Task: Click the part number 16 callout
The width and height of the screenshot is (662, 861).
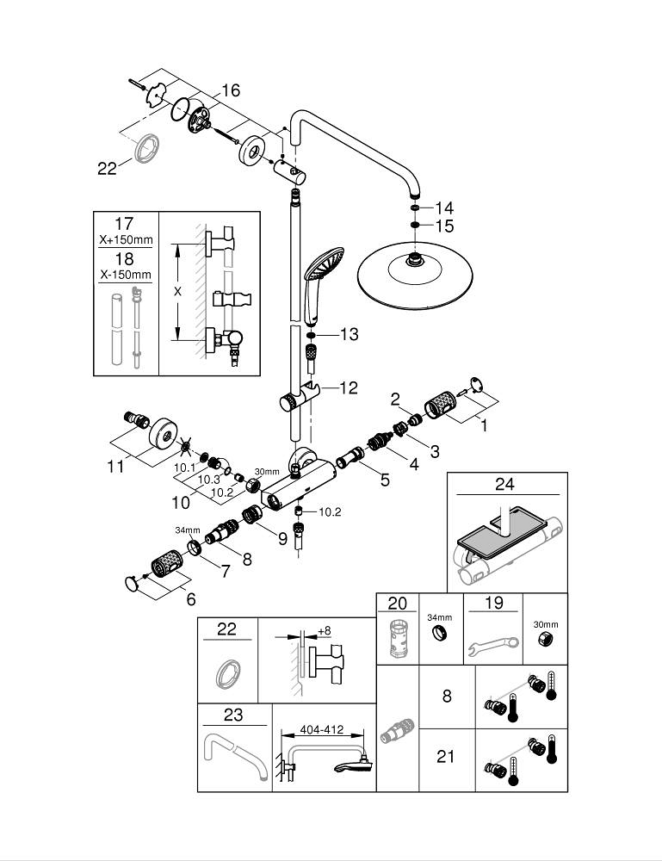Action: point(230,90)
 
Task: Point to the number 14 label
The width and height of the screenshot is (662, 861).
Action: point(443,208)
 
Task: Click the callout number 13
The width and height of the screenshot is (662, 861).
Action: point(348,334)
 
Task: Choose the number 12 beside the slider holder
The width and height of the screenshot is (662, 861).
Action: point(347,388)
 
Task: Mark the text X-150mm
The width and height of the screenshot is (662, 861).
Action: point(126,275)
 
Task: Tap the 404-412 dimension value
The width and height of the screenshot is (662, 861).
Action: point(321,729)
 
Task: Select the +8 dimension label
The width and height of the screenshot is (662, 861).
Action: point(324,631)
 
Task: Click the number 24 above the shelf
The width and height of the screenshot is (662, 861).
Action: point(504,485)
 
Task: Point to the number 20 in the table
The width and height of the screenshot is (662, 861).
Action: point(397,604)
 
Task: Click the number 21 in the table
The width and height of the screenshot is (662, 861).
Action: point(446,757)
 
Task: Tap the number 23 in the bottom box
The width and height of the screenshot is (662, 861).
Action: point(233,715)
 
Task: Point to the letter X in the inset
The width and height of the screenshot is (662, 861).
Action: point(178,292)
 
